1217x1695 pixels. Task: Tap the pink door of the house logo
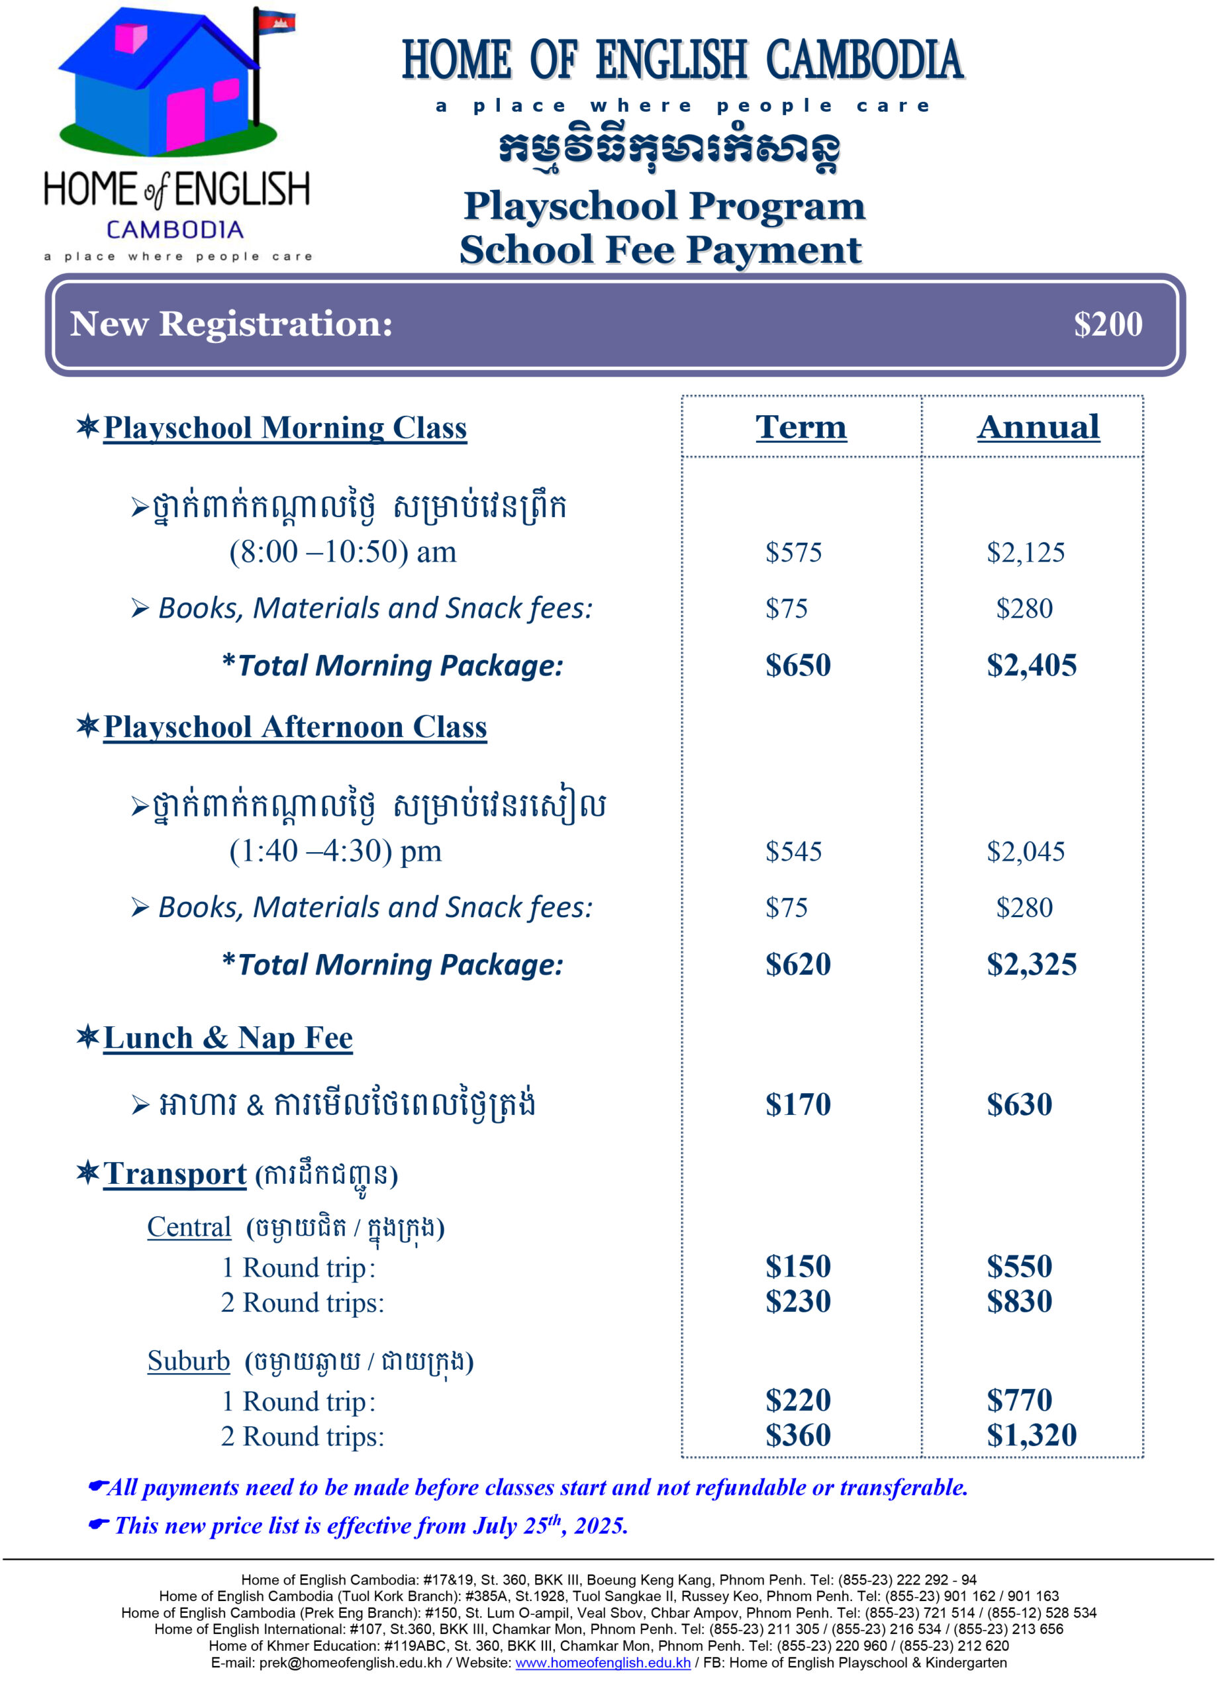click(185, 119)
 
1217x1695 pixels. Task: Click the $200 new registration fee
click(1107, 324)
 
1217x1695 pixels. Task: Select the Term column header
click(801, 428)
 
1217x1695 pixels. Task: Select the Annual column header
click(1038, 428)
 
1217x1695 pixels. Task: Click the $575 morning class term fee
click(793, 553)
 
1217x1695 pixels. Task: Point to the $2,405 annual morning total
click(1031, 665)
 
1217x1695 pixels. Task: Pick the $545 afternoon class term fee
click(793, 852)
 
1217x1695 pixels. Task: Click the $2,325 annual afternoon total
click(1031, 965)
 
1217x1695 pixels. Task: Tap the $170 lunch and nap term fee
click(797, 1104)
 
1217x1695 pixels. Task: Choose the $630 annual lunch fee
click(1019, 1104)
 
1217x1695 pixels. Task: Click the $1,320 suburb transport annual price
click(1031, 1435)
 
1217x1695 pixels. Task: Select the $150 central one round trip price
click(797, 1267)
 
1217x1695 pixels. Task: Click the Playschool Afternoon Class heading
click(295, 727)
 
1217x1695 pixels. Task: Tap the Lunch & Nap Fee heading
click(227, 1038)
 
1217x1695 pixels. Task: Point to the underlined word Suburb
click(189, 1361)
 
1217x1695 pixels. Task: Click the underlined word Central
click(189, 1227)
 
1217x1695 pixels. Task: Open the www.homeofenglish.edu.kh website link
click(603, 1663)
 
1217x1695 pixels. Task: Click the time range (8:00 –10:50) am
click(342, 552)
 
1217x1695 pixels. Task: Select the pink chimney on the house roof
click(131, 37)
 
